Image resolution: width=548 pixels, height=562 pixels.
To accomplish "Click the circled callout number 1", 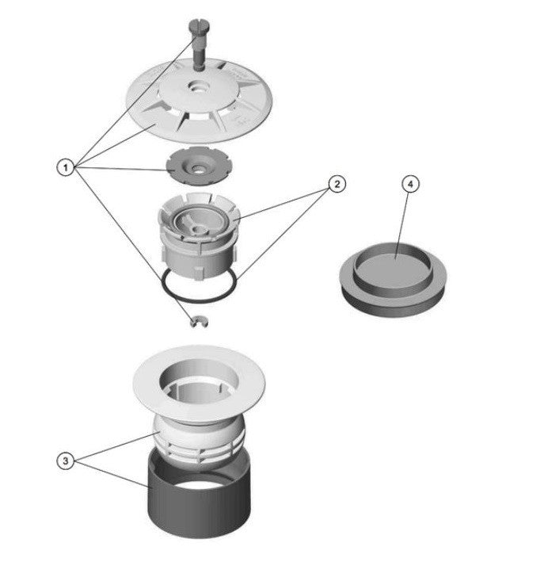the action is pos(66,167).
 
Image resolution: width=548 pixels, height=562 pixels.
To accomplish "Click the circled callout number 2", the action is pos(337,184).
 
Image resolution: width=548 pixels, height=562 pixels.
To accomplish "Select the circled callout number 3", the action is pos(66,461).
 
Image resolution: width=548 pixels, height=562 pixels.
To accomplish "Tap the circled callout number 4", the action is pos(410,184).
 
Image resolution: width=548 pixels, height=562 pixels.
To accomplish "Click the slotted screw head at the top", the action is pos(199,26).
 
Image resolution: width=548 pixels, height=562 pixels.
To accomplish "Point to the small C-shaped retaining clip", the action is pos(199,322).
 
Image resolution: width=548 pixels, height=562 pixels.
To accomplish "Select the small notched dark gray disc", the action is pos(197,166).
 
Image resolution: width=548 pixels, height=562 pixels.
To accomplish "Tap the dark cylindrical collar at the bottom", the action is pos(199,502).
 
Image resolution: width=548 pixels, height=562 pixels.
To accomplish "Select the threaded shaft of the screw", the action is pos(199,54).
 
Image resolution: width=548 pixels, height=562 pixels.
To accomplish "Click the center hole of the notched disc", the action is pos(196,167).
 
